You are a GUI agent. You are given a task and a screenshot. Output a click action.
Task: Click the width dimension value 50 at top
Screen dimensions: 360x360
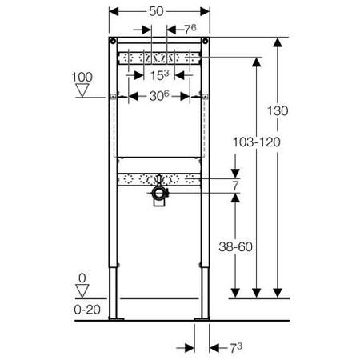coord(156,11)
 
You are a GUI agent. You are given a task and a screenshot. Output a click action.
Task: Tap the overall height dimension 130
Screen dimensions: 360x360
coord(278,110)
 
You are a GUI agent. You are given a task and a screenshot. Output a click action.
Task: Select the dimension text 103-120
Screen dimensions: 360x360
coord(257,142)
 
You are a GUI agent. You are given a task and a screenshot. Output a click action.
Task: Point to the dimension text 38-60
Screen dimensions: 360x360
coord(235,246)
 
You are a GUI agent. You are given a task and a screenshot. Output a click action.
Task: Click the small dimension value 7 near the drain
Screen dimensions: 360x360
coord(235,186)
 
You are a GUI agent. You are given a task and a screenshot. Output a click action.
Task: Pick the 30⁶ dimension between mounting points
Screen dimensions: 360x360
coord(159,96)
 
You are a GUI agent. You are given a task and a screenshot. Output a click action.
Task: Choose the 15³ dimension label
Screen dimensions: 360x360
coord(159,75)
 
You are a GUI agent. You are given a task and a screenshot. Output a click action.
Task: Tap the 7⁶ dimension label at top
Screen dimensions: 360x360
coord(190,30)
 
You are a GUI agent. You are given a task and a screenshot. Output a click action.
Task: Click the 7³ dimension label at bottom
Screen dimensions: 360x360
coord(236,348)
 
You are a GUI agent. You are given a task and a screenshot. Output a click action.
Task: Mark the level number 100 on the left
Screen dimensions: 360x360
coord(82,77)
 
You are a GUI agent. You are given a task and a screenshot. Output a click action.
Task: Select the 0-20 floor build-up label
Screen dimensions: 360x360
coord(87,310)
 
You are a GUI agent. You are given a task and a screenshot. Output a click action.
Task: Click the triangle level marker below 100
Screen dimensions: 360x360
coord(82,90)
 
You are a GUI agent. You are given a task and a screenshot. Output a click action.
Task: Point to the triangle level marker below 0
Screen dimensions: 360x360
coord(82,291)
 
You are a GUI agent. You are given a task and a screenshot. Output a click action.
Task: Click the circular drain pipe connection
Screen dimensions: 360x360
coord(159,193)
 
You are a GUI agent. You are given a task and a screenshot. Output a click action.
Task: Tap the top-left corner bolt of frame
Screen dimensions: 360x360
coord(113,41)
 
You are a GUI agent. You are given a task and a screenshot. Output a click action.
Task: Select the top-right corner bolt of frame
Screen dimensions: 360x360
coord(205,41)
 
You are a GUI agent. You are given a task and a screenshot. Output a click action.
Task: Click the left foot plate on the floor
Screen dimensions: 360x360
coord(116,318)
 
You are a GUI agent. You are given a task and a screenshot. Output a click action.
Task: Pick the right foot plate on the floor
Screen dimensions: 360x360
coord(202,318)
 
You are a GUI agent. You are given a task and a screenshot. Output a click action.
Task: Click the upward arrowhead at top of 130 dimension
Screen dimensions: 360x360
coord(278,42)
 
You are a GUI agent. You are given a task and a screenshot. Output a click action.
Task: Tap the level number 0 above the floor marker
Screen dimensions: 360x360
coord(82,278)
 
